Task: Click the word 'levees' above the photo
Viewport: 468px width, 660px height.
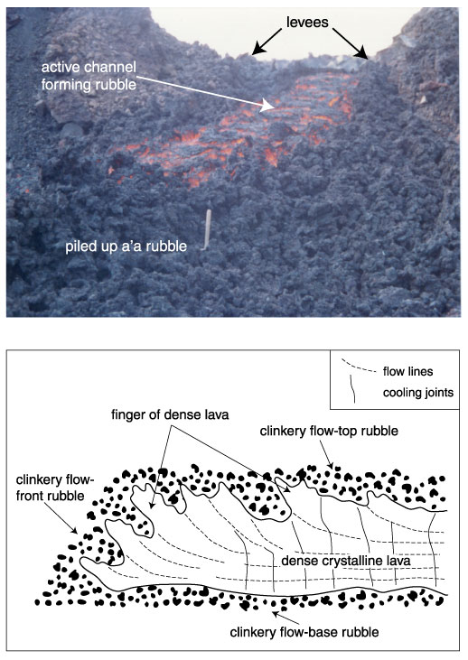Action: click(307, 22)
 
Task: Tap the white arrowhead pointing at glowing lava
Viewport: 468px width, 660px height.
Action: click(267, 106)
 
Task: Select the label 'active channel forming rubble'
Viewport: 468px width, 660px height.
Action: click(89, 76)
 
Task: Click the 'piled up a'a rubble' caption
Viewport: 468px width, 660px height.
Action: click(126, 246)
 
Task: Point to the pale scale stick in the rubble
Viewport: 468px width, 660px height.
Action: click(207, 230)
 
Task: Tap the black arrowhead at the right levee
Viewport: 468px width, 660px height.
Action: click(361, 53)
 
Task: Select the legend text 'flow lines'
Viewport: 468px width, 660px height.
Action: click(407, 371)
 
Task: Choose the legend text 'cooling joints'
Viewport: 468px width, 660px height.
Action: click(418, 393)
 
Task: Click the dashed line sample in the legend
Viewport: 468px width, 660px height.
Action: click(358, 367)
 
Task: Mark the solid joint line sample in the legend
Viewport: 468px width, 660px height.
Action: click(353, 389)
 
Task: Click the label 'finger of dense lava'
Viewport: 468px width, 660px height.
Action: click(170, 415)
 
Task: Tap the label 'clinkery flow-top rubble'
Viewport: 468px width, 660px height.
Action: click(329, 431)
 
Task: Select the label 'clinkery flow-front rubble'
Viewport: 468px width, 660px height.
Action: click(55, 488)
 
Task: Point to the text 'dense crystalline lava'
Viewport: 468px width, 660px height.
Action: click(346, 561)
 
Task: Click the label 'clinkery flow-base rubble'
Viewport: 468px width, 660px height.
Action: click(304, 632)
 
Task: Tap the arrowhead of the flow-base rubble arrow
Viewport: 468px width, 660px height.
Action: click(276, 614)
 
